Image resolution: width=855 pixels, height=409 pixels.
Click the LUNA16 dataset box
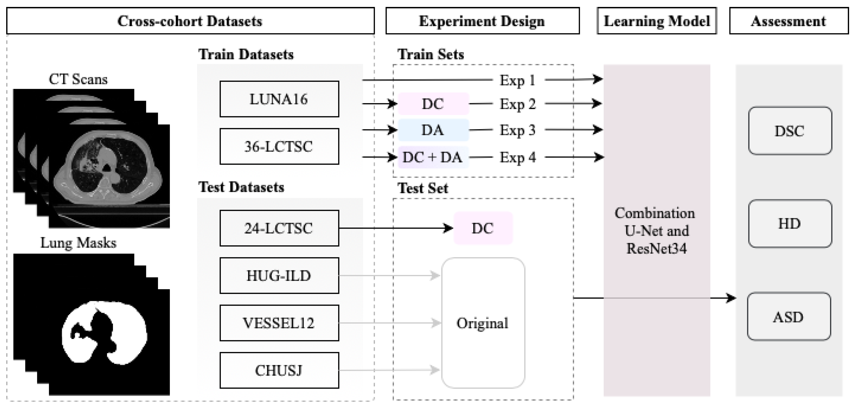click(x=279, y=99)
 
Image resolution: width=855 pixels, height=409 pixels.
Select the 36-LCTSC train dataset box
click(x=279, y=146)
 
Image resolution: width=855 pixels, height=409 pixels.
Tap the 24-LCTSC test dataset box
click(x=279, y=228)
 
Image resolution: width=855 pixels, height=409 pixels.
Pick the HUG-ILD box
click(x=279, y=276)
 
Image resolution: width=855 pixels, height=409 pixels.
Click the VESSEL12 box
click(x=279, y=323)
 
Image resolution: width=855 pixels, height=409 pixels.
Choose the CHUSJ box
click(x=279, y=370)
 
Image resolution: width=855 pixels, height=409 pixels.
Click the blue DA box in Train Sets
click(x=433, y=130)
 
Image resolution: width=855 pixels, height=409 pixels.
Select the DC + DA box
click(x=433, y=157)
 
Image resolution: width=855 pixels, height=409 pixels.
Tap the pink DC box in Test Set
click(x=483, y=228)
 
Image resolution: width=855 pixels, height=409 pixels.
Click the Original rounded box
click(x=483, y=323)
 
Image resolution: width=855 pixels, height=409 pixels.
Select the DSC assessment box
click(x=790, y=131)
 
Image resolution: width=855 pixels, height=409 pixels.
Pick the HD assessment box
click(x=790, y=224)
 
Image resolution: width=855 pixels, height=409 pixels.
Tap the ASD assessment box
click(x=789, y=316)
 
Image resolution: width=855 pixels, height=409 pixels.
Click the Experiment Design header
click(x=482, y=21)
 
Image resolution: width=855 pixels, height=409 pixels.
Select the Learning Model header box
click(x=657, y=21)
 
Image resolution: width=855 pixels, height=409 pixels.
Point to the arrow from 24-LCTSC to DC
click(x=395, y=228)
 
